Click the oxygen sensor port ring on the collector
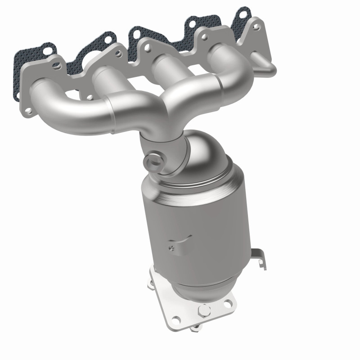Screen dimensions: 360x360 154,161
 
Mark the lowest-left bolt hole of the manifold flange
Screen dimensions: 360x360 28,110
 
